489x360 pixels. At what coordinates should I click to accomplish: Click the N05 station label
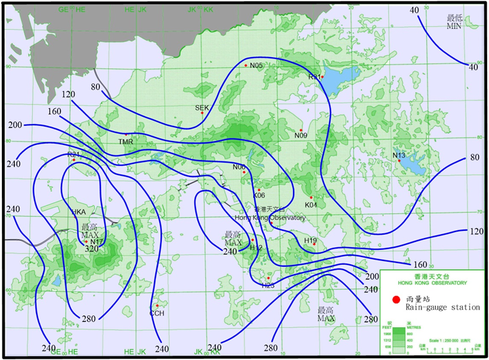click(x=256, y=66)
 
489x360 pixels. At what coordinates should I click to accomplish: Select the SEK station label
click(x=201, y=107)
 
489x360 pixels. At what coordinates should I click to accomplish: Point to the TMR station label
click(x=125, y=142)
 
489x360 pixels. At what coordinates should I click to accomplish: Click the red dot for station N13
click(x=399, y=161)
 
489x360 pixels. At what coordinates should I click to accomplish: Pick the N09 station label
click(x=300, y=136)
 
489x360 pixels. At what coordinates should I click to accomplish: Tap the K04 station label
click(x=311, y=205)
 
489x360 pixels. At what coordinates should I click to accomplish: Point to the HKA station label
click(x=79, y=212)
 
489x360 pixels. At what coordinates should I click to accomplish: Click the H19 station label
click(x=310, y=241)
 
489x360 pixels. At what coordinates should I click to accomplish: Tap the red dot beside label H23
click(x=268, y=279)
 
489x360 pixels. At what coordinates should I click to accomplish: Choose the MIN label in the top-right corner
click(x=454, y=26)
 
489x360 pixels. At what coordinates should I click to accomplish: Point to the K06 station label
click(x=259, y=195)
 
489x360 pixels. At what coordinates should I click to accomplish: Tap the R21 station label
click(x=73, y=154)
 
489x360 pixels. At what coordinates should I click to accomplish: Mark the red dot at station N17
click(x=86, y=242)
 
